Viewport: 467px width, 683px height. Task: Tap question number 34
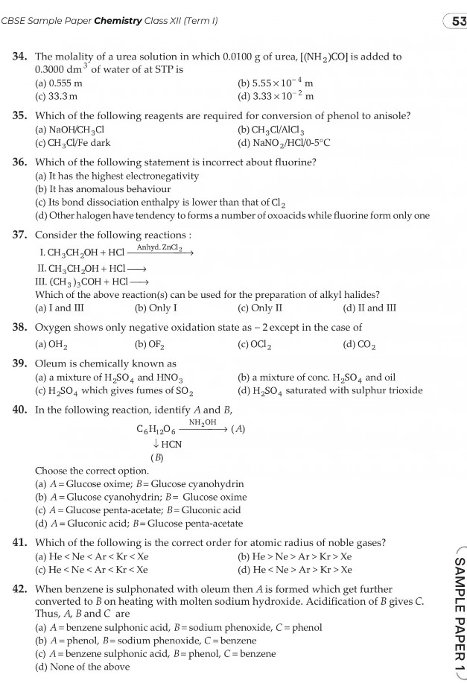pyautogui.click(x=19, y=57)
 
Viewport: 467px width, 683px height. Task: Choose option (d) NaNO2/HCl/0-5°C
pyautogui.click(x=283, y=142)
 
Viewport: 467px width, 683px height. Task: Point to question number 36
pyautogui.click(x=19, y=162)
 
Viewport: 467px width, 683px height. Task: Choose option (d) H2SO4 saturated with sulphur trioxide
pyautogui.click(x=329, y=390)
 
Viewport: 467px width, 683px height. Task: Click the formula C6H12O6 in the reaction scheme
pyautogui.click(x=156, y=430)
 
